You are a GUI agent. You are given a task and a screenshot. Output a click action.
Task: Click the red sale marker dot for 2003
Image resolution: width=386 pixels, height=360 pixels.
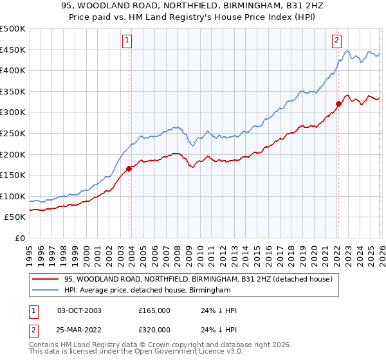tap(129, 169)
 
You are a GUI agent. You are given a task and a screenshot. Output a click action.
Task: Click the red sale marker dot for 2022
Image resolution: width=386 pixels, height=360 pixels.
tap(338, 104)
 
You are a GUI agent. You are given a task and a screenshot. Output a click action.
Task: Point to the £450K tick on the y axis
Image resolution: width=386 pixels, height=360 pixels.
tap(13, 50)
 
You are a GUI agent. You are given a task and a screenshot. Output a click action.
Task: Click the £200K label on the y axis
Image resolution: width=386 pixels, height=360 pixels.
tap(13, 154)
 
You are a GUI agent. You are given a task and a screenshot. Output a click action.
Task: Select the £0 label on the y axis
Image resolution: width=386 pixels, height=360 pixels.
tap(19, 239)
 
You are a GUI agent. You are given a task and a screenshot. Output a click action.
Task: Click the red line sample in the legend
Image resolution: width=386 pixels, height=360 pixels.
tap(45, 279)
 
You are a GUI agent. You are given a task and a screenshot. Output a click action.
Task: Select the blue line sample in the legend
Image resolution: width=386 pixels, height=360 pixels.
tap(45, 291)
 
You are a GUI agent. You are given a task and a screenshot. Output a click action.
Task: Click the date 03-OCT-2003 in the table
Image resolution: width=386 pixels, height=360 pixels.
tap(79, 310)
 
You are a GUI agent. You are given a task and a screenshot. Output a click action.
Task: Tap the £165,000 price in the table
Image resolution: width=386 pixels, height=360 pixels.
tap(154, 310)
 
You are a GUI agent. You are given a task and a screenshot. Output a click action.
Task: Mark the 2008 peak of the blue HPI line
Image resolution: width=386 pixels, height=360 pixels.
tap(175, 127)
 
